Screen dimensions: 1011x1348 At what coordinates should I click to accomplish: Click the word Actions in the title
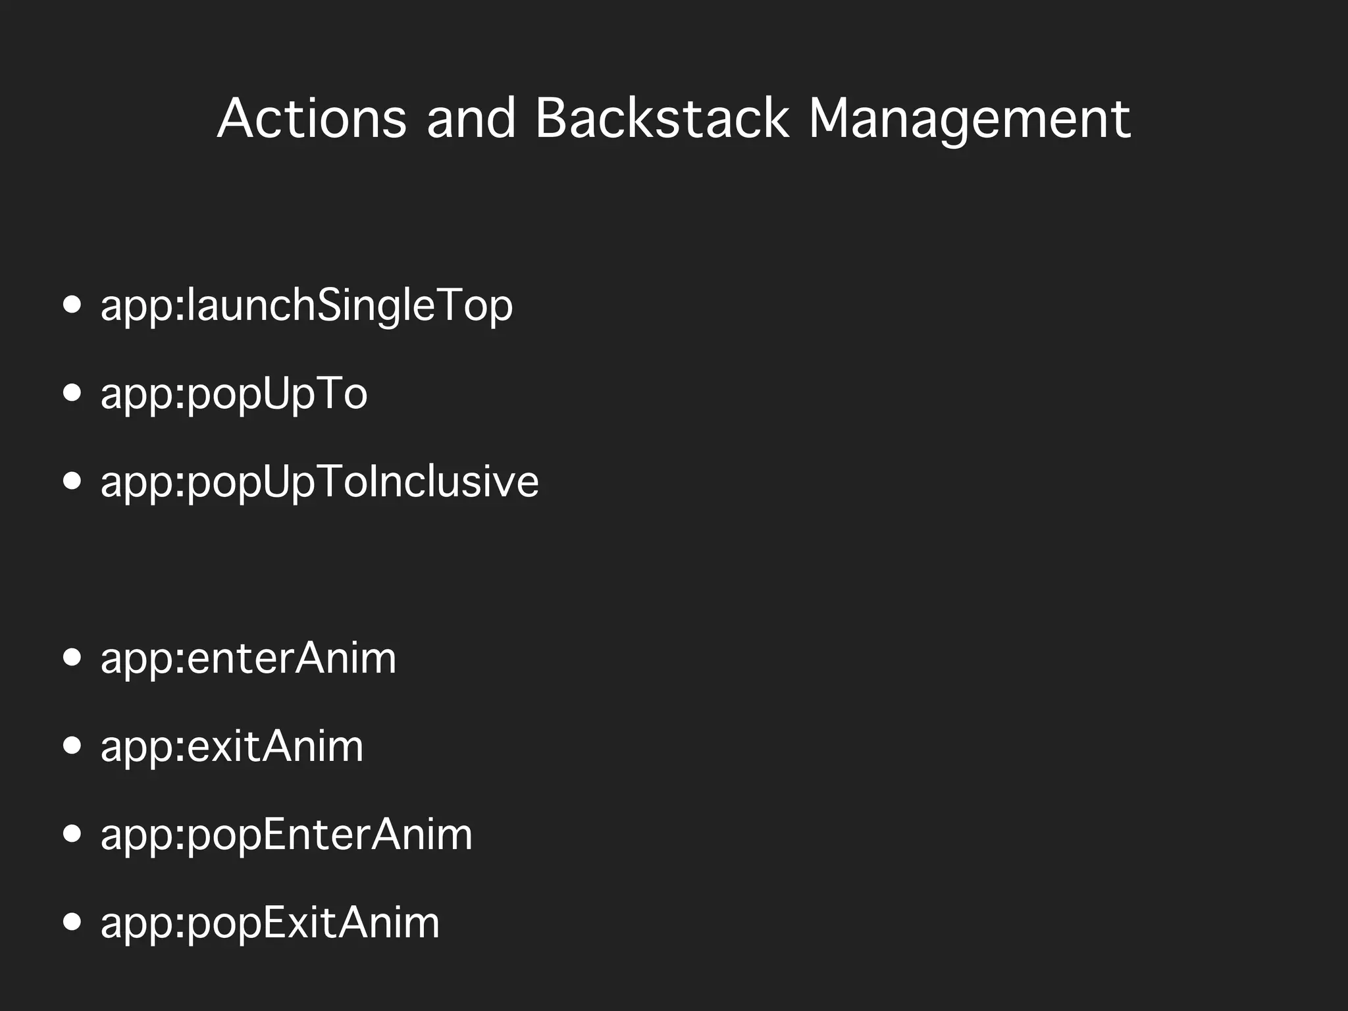(312, 119)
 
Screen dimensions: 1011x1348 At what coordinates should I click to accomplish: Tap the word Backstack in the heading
(661, 119)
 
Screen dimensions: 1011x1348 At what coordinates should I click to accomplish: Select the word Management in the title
(970, 119)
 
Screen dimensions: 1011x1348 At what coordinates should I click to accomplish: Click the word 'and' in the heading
(471, 119)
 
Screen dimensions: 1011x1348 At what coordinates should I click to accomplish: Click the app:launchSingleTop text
(307, 306)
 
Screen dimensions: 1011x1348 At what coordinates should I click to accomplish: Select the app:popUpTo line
(234, 394)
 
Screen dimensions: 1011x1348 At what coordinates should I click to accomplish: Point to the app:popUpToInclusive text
(320, 482)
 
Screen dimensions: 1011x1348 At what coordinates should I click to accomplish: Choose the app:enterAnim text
(249, 658)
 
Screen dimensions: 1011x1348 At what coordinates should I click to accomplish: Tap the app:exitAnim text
(232, 746)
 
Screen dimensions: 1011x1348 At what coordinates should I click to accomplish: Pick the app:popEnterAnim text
(286, 835)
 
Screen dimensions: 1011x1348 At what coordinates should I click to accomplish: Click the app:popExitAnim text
(270, 923)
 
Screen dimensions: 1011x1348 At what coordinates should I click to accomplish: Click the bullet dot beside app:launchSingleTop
(72, 305)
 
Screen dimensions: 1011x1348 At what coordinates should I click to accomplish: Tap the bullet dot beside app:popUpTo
(72, 394)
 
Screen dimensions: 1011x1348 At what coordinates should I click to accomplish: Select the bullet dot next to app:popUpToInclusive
(72, 481)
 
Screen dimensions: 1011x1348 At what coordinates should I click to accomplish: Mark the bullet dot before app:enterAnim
(72, 658)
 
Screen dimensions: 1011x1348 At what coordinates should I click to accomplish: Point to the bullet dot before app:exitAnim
(72, 746)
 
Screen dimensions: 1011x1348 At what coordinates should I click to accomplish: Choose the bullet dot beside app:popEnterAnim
(72, 834)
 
